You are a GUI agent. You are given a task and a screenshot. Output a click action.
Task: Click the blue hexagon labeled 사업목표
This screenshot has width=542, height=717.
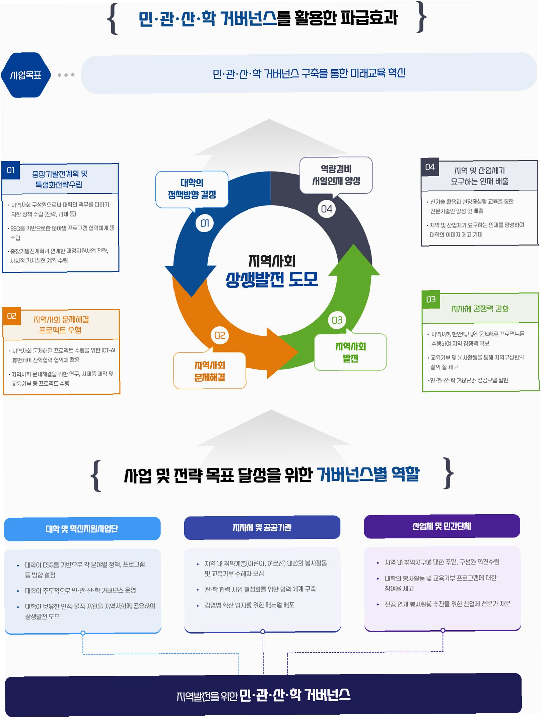click(26, 75)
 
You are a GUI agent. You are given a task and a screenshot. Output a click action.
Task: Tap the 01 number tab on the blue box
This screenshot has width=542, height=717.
click(11, 170)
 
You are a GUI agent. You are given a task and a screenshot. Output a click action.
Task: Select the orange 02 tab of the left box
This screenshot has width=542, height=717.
click(12, 316)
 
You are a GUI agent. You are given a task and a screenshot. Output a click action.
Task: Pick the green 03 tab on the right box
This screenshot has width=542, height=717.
click(431, 299)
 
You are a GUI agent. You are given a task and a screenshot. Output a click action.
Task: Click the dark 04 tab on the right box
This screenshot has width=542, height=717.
click(430, 167)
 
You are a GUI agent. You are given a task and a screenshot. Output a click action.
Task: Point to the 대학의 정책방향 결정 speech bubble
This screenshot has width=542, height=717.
click(192, 189)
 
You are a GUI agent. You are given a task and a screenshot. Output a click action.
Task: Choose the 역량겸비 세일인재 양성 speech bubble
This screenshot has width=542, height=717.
click(336, 175)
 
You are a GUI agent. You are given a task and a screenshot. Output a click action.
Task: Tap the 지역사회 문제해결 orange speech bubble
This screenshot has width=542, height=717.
click(210, 371)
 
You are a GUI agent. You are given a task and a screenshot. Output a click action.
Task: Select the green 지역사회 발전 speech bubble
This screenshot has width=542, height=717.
click(350, 352)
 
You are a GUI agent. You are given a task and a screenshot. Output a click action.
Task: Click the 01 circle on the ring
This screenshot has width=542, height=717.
click(205, 223)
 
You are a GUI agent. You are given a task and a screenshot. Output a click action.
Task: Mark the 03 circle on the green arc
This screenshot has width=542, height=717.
click(337, 320)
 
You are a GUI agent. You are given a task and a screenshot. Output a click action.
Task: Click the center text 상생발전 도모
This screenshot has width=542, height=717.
click(272, 279)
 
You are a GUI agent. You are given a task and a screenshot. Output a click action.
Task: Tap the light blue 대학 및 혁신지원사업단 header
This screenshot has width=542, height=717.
click(82, 529)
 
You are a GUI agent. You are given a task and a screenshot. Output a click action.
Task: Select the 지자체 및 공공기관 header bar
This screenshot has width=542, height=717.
click(262, 527)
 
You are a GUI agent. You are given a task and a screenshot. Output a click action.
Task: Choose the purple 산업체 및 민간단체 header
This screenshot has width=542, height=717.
click(442, 526)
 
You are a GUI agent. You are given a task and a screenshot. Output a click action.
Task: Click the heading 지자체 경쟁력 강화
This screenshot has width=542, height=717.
click(480, 309)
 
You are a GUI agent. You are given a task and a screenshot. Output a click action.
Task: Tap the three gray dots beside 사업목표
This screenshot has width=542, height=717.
click(66, 75)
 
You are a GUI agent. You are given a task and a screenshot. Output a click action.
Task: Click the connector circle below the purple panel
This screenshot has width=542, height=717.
click(443, 630)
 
